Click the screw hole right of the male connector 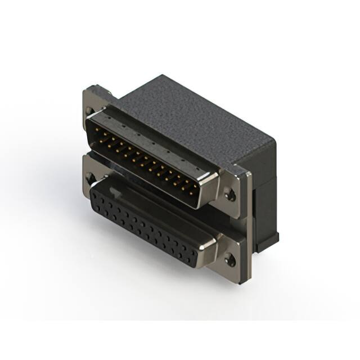point(230,196)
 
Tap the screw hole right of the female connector point(230,260)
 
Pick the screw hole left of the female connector point(91,179)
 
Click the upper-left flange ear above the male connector point(93,93)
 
